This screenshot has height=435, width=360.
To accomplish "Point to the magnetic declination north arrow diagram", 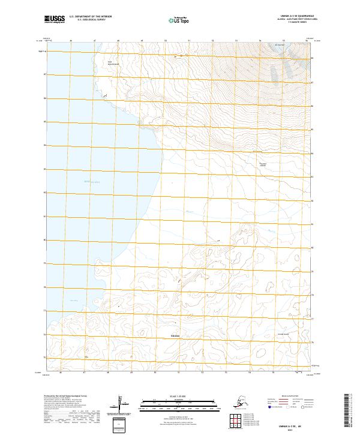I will (122, 406).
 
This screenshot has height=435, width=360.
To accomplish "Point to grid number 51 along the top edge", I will (188, 41).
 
